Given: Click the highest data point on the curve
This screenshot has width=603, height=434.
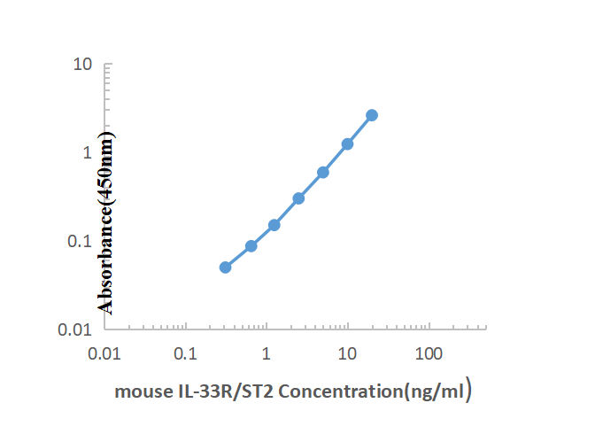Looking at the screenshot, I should tap(372, 115).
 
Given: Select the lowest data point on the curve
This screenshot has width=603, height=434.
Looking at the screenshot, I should tap(225, 267).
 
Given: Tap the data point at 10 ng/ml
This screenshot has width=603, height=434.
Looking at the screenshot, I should tap(347, 143).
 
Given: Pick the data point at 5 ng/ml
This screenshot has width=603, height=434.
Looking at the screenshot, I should tap(323, 172).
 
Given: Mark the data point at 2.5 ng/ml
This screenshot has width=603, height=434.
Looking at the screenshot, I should tap(298, 198).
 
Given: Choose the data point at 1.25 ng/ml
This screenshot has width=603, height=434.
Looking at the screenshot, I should tap(274, 225).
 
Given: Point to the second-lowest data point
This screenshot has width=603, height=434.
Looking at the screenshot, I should tap(251, 246).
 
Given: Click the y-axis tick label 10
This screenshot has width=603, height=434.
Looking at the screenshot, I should tap(83, 65).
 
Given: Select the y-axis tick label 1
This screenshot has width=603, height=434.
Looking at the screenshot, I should tap(88, 152).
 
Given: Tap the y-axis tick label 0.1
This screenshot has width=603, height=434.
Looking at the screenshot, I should tap(81, 241).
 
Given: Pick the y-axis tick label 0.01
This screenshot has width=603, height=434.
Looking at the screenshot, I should tap(78, 329).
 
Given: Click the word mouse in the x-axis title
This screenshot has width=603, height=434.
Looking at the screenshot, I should tap(138, 391).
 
